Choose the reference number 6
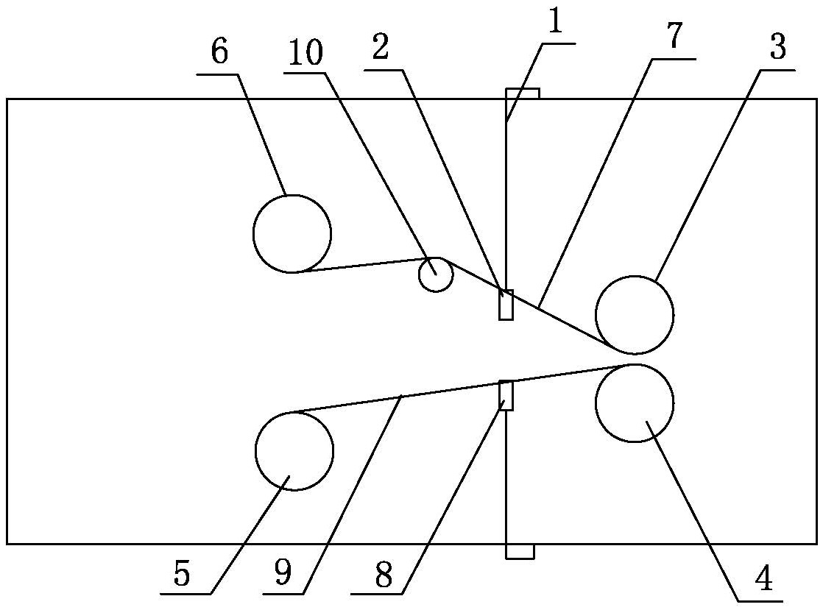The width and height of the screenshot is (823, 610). [x=219, y=53]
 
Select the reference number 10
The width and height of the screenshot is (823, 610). [x=306, y=53]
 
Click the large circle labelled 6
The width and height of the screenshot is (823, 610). [x=292, y=233]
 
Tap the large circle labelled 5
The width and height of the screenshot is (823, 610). [x=294, y=450]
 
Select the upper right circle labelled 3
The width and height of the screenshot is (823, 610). [x=634, y=314]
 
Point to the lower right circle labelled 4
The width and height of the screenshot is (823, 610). [x=634, y=403]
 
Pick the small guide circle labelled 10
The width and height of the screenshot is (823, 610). [x=436, y=274]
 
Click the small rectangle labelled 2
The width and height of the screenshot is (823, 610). [x=506, y=305]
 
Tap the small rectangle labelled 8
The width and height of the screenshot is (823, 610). [x=506, y=395]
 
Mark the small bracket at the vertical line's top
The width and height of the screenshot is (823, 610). [x=523, y=93]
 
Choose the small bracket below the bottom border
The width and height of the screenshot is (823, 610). [x=520, y=551]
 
